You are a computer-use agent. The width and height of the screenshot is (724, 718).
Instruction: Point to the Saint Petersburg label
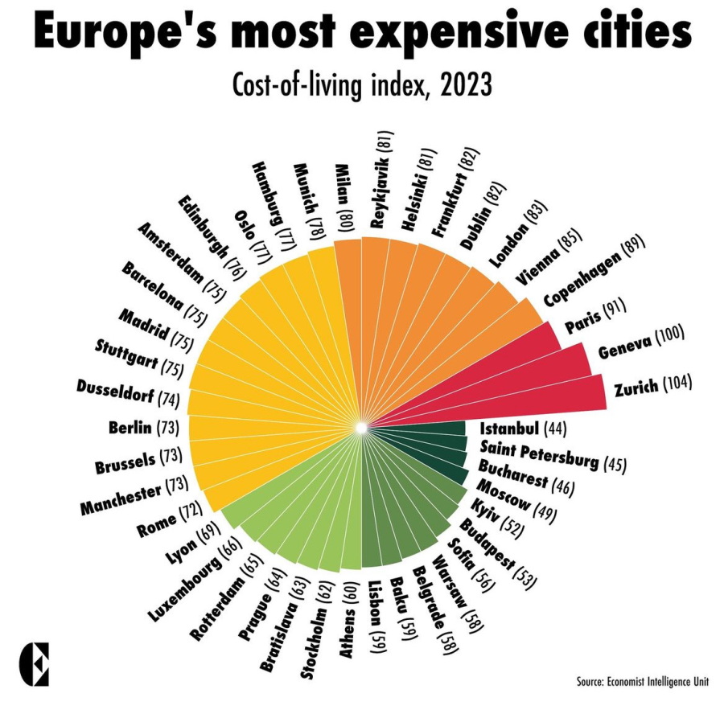(539, 453)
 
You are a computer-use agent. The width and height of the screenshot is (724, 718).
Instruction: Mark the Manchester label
(121, 498)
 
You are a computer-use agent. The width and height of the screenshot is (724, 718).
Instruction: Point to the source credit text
(642, 682)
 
